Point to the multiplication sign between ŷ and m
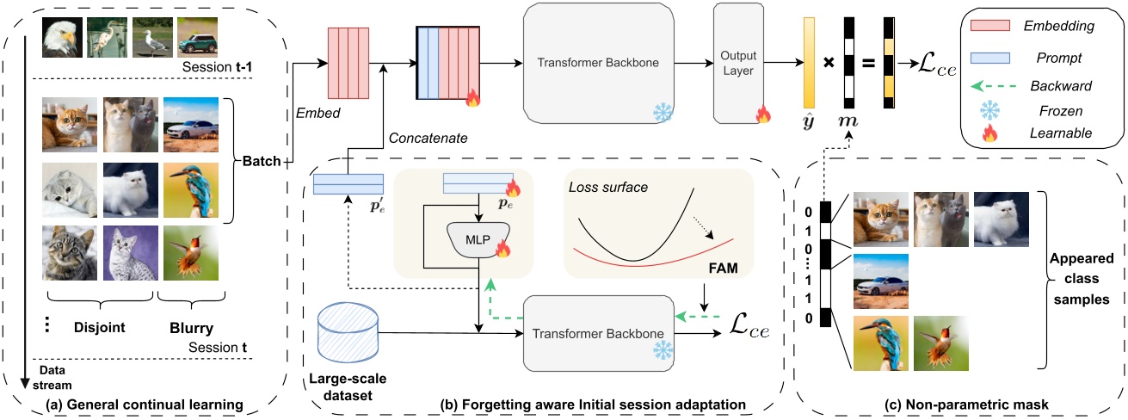[828, 64]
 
